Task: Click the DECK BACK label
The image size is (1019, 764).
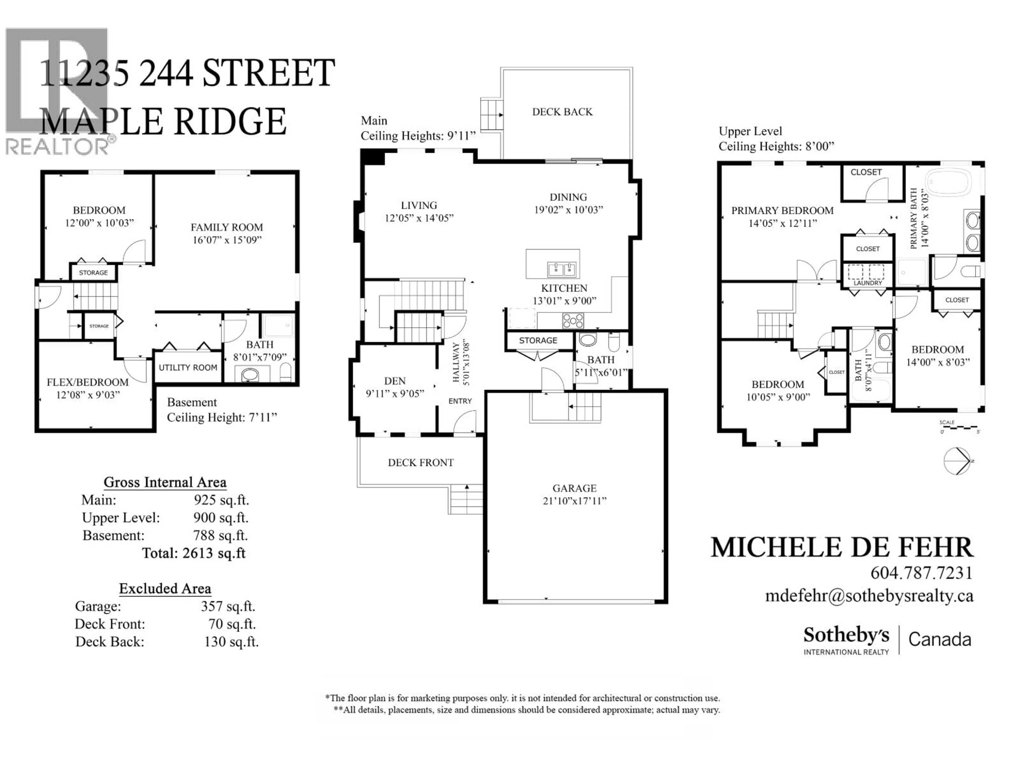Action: pyautogui.click(x=562, y=112)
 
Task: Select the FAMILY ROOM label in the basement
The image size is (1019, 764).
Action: pyautogui.click(x=227, y=228)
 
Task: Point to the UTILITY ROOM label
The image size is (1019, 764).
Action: pyautogui.click(x=188, y=367)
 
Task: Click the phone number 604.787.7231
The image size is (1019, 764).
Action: pyautogui.click(x=921, y=573)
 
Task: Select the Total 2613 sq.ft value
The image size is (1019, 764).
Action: pyautogui.click(x=194, y=553)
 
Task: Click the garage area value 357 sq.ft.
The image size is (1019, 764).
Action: pyautogui.click(x=228, y=606)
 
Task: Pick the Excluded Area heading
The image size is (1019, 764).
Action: pyautogui.click(x=165, y=589)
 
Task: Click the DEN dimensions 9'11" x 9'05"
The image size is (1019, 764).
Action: pyautogui.click(x=395, y=394)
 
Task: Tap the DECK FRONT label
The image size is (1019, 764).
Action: pyautogui.click(x=421, y=463)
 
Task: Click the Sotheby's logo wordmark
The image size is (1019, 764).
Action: pyautogui.click(x=846, y=636)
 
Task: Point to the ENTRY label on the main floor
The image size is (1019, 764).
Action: pyautogui.click(x=460, y=401)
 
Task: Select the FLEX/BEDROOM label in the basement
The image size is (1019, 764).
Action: pyautogui.click(x=88, y=382)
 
